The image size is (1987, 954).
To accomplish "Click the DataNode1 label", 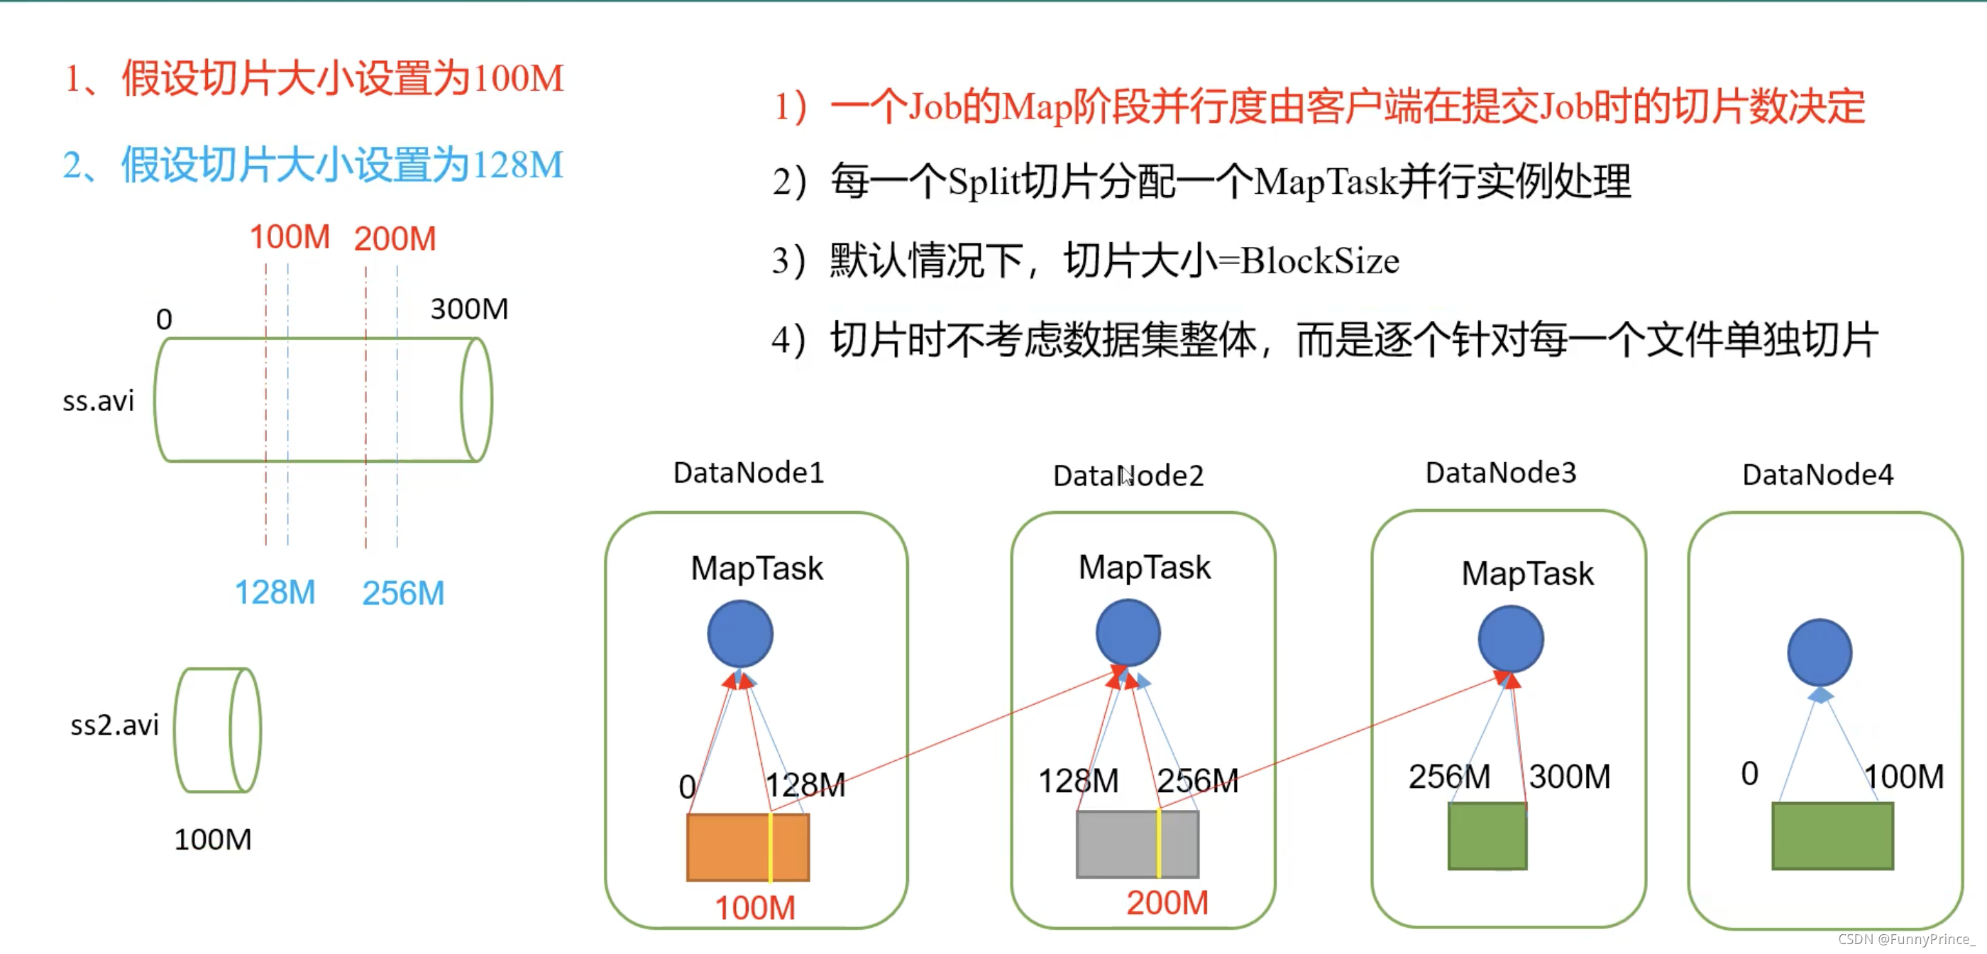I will click(748, 472).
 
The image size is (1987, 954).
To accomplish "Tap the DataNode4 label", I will click(1817, 475).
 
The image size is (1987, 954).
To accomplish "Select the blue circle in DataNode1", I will click(739, 634).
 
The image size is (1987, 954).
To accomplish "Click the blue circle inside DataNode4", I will click(1819, 652).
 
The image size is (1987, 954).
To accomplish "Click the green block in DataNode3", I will click(1487, 836).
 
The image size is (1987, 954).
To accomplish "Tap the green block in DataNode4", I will click(1832, 836).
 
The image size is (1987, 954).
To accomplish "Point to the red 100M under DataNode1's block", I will click(754, 908).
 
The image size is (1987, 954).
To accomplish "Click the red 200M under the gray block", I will click(1167, 902).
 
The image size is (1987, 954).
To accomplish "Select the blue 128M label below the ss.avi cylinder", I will click(275, 593).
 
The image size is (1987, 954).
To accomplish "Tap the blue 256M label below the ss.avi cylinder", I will click(402, 593).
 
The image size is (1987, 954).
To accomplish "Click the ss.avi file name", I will click(98, 400).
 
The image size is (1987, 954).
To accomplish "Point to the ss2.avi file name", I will click(114, 725).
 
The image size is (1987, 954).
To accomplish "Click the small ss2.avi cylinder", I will click(218, 730).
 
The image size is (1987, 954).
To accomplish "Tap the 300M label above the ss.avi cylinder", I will click(469, 309).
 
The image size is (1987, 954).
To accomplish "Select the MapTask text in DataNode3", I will click(1526, 574).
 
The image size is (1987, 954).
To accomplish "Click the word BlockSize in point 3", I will click(1319, 261).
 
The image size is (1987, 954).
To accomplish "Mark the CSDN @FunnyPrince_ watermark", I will click(1906, 938).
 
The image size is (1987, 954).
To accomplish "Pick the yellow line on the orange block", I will click(770, 847).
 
